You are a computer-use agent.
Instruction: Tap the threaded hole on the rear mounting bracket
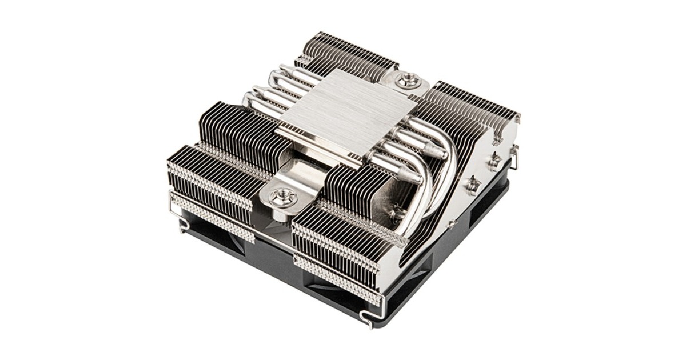click(x=408, y=80)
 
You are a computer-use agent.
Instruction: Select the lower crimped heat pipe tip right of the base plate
click(x=409, y=177)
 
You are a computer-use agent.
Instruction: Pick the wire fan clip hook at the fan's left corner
click(x=182, y=225)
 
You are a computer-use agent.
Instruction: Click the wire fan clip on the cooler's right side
click(x=514, y=157)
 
